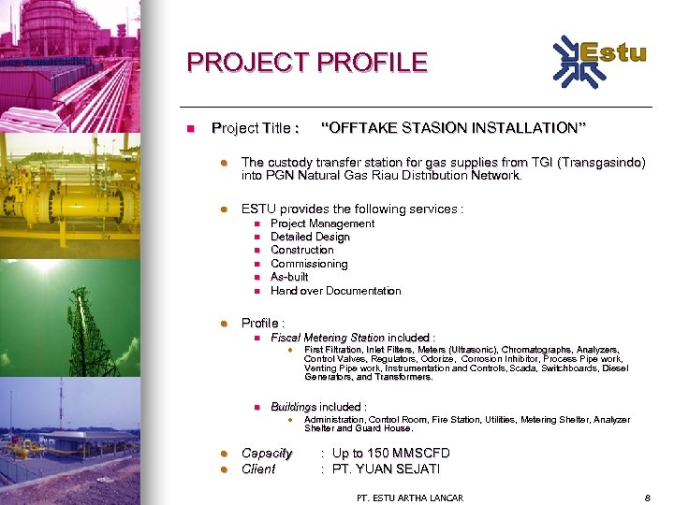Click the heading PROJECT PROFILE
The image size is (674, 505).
click(x=306, y=63)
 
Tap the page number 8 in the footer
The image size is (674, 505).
click(x=647, y=498)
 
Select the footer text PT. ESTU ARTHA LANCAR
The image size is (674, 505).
click(x=410, y=498)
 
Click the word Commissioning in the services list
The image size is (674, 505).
click(x=309, y=264)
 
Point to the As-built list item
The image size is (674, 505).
click(x=289, y=277)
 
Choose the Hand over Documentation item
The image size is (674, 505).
click(x=335, y=291)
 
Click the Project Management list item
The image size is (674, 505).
click(x=322, y=224)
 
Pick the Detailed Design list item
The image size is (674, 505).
click(x=310, y=237)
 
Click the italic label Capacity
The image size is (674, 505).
click(x=267, y=454)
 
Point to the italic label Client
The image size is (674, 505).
click(x=258, y=469)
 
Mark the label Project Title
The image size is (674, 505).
click(x=256, y=127)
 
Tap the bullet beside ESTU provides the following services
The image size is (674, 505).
click(x=224, y=209)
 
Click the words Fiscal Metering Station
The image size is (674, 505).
click(x=327, y=337)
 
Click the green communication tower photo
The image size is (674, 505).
click(x=69, y=319)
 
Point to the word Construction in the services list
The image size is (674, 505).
click(x=301, y=250)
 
